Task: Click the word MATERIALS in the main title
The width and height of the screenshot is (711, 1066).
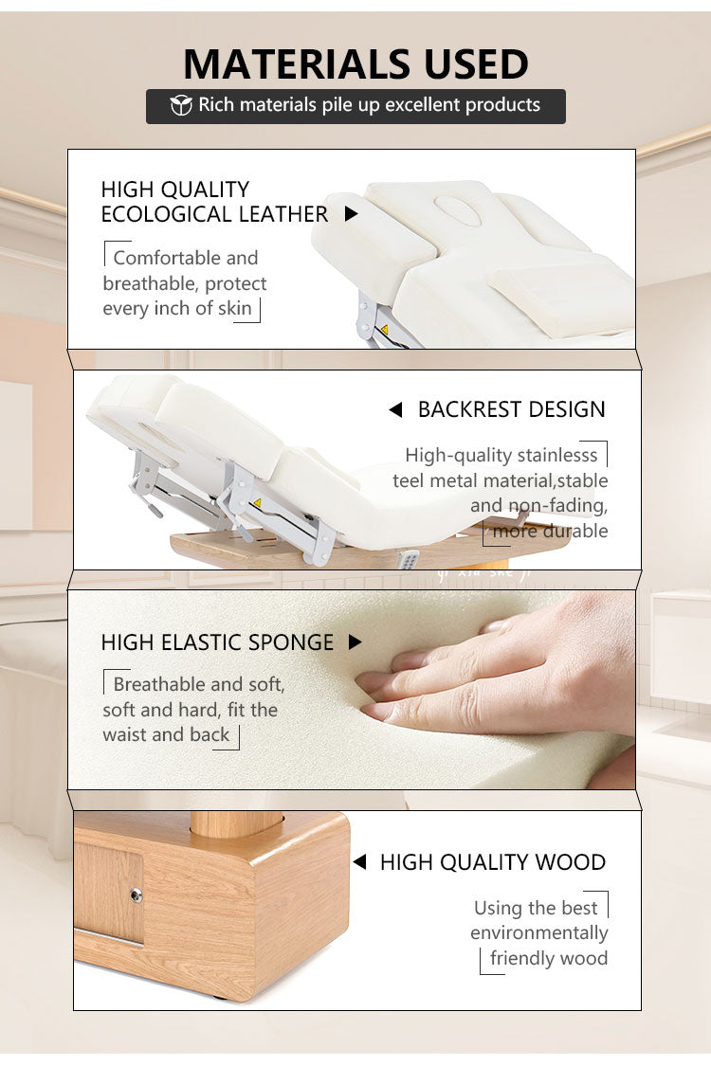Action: pos(298,64)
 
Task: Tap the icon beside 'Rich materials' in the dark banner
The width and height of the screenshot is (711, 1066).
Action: pos(181,105)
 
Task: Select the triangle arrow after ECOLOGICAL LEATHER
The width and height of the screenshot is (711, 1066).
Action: pos(351,214)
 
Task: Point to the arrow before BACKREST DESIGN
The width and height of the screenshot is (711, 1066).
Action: pos(395,409)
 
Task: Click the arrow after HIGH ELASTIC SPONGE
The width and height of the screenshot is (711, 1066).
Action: pos(355,641)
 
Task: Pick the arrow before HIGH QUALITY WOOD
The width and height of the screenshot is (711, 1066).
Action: pos(360,862)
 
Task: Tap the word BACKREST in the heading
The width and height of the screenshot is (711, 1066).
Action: pos(469,409)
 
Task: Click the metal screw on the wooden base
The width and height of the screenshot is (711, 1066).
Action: pos(137,894)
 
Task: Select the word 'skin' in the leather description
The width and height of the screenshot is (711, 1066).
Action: pos(235,308)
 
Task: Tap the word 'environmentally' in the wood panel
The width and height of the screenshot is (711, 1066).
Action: pos(538,933)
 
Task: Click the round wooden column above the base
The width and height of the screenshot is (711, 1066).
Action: pos(236,823)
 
